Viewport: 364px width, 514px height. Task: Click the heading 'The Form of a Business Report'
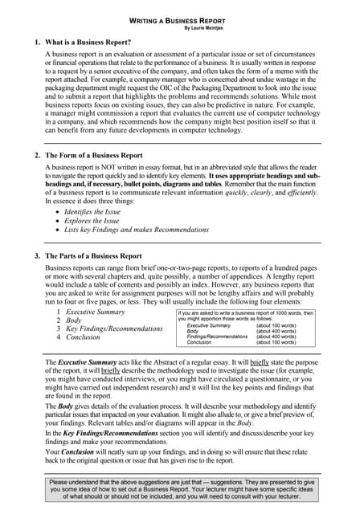(x=94, y=155)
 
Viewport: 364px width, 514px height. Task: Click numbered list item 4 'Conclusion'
(x=83, y=337)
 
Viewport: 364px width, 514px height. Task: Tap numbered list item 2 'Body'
(x=73, y=320)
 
